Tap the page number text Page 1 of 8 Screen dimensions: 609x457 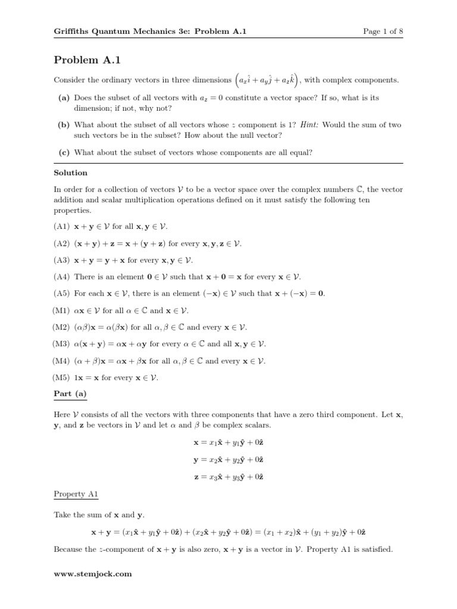pos(383,32)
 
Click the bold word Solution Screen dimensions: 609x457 pos(70,172)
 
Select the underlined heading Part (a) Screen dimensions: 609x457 pos(70,394)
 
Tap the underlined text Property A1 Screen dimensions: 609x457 pos(76,494)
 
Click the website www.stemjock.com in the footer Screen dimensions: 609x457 pos(92,574)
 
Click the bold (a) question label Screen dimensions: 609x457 pos(64,98)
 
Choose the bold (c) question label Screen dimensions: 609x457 pos(64,152)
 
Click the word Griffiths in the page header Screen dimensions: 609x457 pos(71,32)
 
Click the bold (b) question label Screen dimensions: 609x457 pos(64,125)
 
